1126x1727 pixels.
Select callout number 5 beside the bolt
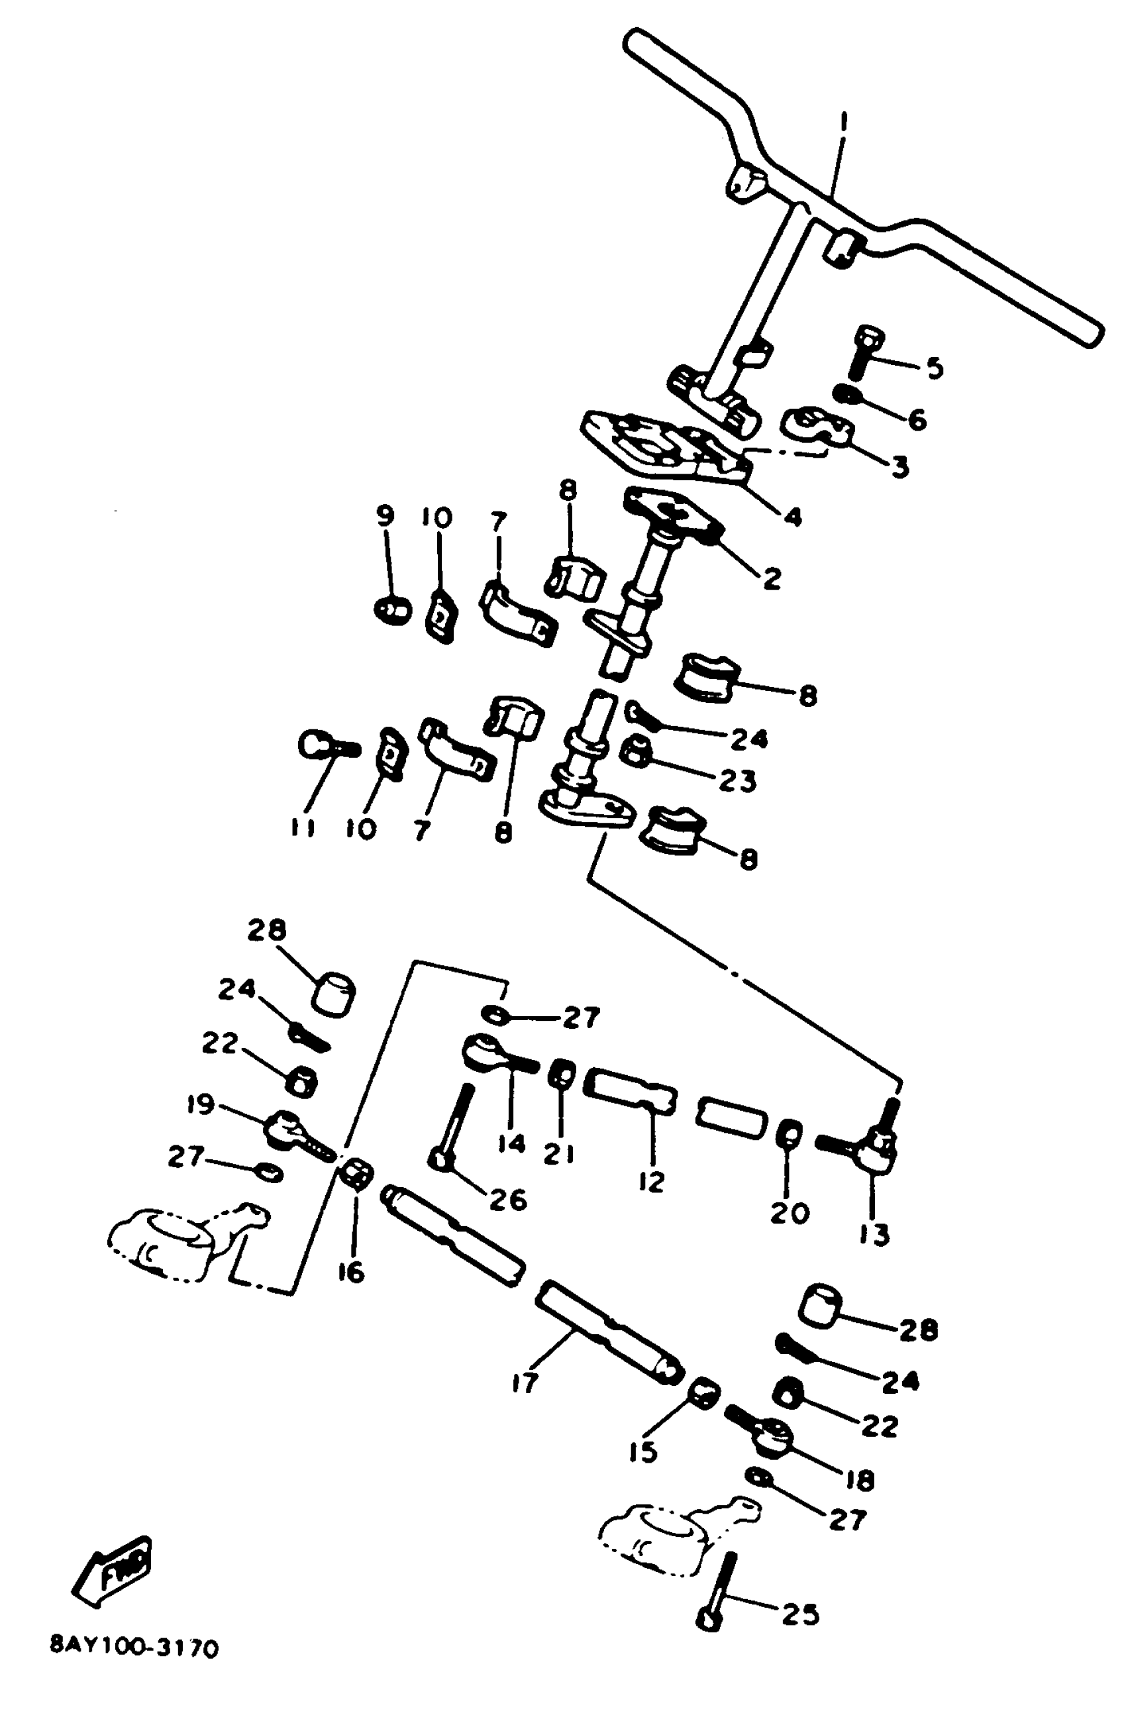(935, 368)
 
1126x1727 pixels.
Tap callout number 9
(385, 516)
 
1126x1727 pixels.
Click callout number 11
(303, 828)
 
